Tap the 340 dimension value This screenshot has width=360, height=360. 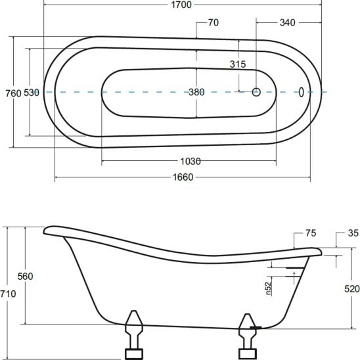click(x=287, y=22)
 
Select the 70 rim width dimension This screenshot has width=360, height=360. click(x=213, y=22)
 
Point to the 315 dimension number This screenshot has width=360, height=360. click(x=237, y=64)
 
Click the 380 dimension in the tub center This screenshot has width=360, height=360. click(x=196, y=93)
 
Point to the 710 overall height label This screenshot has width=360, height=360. click(x=9, y=294)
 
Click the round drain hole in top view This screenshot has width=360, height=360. click(x=257, y=93)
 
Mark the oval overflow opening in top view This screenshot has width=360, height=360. click(x=302, y=93)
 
